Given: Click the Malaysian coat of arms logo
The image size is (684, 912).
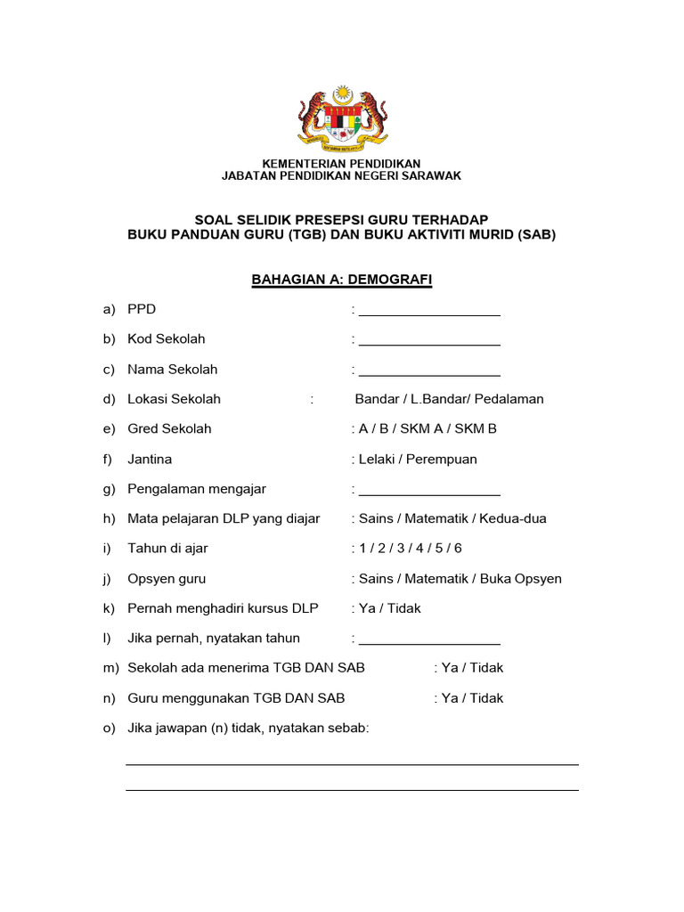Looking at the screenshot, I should (x=341, y=118).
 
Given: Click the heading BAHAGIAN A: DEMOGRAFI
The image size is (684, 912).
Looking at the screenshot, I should (x=342, y=280).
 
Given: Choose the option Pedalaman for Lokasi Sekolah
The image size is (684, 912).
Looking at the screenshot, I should (x=509, y=399).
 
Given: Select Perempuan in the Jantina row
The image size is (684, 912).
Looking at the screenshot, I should (x=443, y=460).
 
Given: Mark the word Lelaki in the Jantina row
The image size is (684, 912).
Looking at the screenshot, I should (x=379, y=460).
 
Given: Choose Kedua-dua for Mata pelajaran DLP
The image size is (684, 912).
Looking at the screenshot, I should (x=515, y=518).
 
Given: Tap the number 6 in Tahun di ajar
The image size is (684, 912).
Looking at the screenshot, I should (x=458, y=549).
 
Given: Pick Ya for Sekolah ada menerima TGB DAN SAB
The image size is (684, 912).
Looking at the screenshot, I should (x=450, y=668).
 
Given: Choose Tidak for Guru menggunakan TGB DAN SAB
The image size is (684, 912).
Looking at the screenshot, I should (x=486, y=698).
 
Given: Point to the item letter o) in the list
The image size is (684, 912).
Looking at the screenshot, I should (x=110, y=729).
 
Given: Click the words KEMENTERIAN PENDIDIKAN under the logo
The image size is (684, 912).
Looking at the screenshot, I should (x=341, y=164).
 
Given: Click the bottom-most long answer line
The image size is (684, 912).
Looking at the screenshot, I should (x=352, y=789).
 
